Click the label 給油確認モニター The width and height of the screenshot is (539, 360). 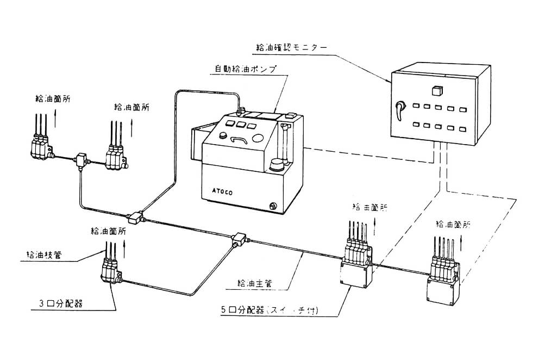pyautogui.click(x=291, y=48)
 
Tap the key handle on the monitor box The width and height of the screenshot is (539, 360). pyautogui.click(x=400, y=110)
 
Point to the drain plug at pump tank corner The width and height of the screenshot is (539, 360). pyautogui.click(x=273, y=206)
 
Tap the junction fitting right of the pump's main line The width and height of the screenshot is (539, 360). pyautogui.click(x=239, y=238)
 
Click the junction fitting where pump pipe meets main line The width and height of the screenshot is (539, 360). pyautogui.click(x=135, y=218)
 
